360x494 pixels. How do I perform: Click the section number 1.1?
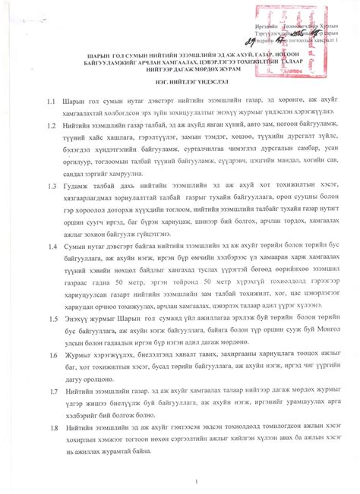[x=50, y=121]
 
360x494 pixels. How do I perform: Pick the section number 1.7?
[x=50, y=390]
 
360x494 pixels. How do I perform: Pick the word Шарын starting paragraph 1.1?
[x=81, y=121]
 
